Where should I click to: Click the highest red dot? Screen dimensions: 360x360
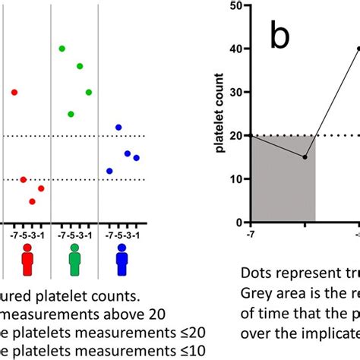(14, 92)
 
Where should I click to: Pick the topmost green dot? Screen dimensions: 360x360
(62, 49)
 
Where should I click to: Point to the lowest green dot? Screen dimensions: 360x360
(71, 114)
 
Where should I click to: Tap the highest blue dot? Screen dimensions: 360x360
(118, 127)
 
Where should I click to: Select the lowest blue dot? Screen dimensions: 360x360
(109, 171)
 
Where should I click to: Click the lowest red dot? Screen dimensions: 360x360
(32, 201)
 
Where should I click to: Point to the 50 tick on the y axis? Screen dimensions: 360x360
(238, 5)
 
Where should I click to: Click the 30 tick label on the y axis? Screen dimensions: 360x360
(238, 93)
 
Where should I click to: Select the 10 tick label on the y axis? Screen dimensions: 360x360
(238, 180)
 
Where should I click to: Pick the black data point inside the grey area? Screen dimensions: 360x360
(305, 157)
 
